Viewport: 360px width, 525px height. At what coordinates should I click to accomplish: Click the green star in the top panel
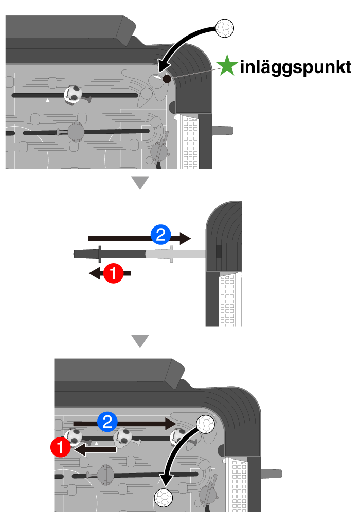click(227, 65)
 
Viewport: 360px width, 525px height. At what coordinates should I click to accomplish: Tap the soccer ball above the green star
click(225, 28)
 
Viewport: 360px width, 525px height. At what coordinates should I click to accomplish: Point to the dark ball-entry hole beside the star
click(167, 79)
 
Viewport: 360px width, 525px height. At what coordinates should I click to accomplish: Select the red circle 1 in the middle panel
click(113, 273)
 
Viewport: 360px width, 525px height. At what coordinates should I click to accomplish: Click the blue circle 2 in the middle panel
click(160, 235)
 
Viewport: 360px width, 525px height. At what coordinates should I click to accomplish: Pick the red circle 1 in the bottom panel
click(60, 447)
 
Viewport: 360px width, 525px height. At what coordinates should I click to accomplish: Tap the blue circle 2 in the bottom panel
click(107, 422)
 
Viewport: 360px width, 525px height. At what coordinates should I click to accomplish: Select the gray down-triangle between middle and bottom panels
click(140, 341)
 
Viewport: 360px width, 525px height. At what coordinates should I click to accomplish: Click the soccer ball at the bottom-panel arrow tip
click(164, 498)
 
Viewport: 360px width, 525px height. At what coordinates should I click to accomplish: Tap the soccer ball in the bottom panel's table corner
click(206, 424)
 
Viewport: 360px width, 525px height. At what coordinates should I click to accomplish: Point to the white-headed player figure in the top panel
click(73, 95)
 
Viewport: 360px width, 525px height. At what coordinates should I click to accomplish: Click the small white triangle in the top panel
click(48, 100)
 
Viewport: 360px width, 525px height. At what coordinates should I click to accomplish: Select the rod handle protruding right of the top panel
click(223, 130)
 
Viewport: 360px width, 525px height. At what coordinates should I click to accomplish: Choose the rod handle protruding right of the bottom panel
click(272, 473)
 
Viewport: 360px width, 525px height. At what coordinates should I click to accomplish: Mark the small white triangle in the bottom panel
click(96, 443)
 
